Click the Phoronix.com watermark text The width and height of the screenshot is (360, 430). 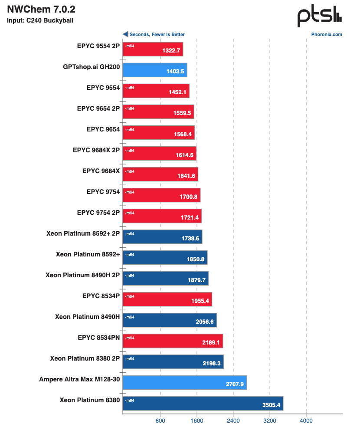(x=327, y=35)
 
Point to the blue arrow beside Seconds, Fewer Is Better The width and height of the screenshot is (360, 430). (x=125, y=34)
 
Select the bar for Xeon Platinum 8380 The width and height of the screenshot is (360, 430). (x=203, y=403)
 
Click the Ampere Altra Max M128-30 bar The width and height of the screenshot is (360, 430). (x=184, y=382)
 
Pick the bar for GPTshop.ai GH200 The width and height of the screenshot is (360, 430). (x=155, y=70)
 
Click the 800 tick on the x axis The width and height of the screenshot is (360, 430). (x=160, y=420)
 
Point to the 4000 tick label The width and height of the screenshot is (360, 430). (x=306, y=420)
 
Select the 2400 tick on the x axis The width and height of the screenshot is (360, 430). (x=233, y=420)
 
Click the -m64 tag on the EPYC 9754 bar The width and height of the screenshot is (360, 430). (x=129, y=192)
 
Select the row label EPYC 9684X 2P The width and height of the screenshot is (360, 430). (x=96, y=150)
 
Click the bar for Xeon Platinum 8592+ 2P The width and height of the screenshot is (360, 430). (x=162, y=236)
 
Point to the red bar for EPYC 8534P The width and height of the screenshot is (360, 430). (x=167, y=299)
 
